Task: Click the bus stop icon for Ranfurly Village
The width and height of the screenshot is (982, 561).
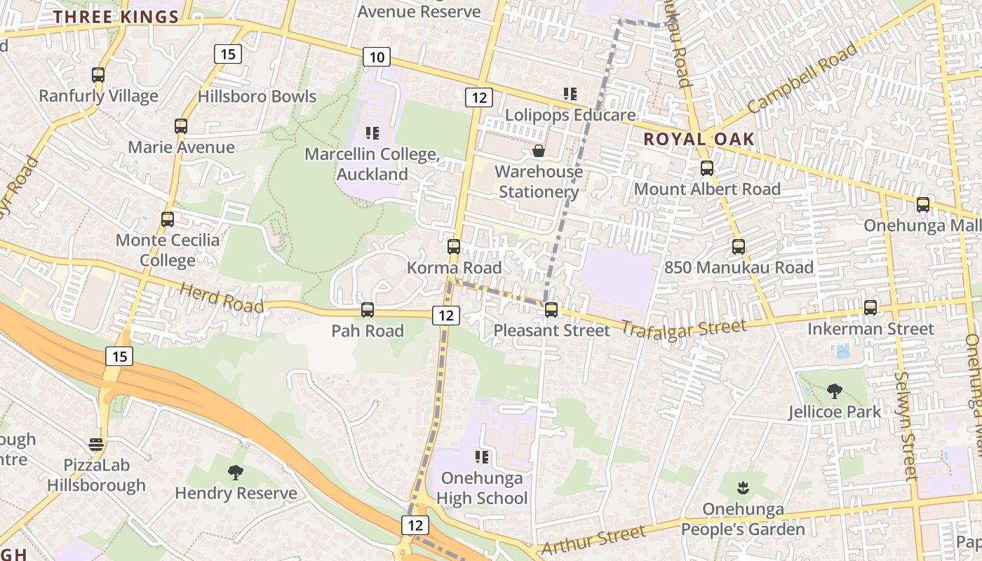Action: pos(98,75)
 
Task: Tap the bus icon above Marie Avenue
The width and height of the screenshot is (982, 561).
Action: pos(181,126)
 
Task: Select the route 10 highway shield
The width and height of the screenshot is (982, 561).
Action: pos(377,57)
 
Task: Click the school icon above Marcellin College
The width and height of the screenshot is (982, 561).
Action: pos(372,133)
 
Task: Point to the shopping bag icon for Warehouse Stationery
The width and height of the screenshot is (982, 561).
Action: pos(539,151)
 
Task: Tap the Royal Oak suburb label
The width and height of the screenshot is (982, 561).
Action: pos(699,139)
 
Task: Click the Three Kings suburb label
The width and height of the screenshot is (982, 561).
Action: pos(116,18)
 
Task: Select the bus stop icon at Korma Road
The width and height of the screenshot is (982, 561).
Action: pos(454,247)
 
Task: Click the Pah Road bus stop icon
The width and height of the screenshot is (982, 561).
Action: pos(368,310)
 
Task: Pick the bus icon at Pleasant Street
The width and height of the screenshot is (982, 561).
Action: pos(551,309)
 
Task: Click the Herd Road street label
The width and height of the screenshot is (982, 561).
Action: pos(222,298)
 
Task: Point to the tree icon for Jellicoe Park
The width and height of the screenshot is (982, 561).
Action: pos(834,391)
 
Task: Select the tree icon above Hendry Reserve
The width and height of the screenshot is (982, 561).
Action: pos(236,473)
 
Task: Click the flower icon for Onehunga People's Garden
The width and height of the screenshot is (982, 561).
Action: pos(743,487)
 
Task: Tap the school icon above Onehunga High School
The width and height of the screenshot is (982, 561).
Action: pos(482,457)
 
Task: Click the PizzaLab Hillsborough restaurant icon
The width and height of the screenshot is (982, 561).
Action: pos(96,445)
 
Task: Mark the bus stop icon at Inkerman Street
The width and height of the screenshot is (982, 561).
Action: pos(870,308)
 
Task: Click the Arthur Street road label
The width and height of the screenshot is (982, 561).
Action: pos(593,539)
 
